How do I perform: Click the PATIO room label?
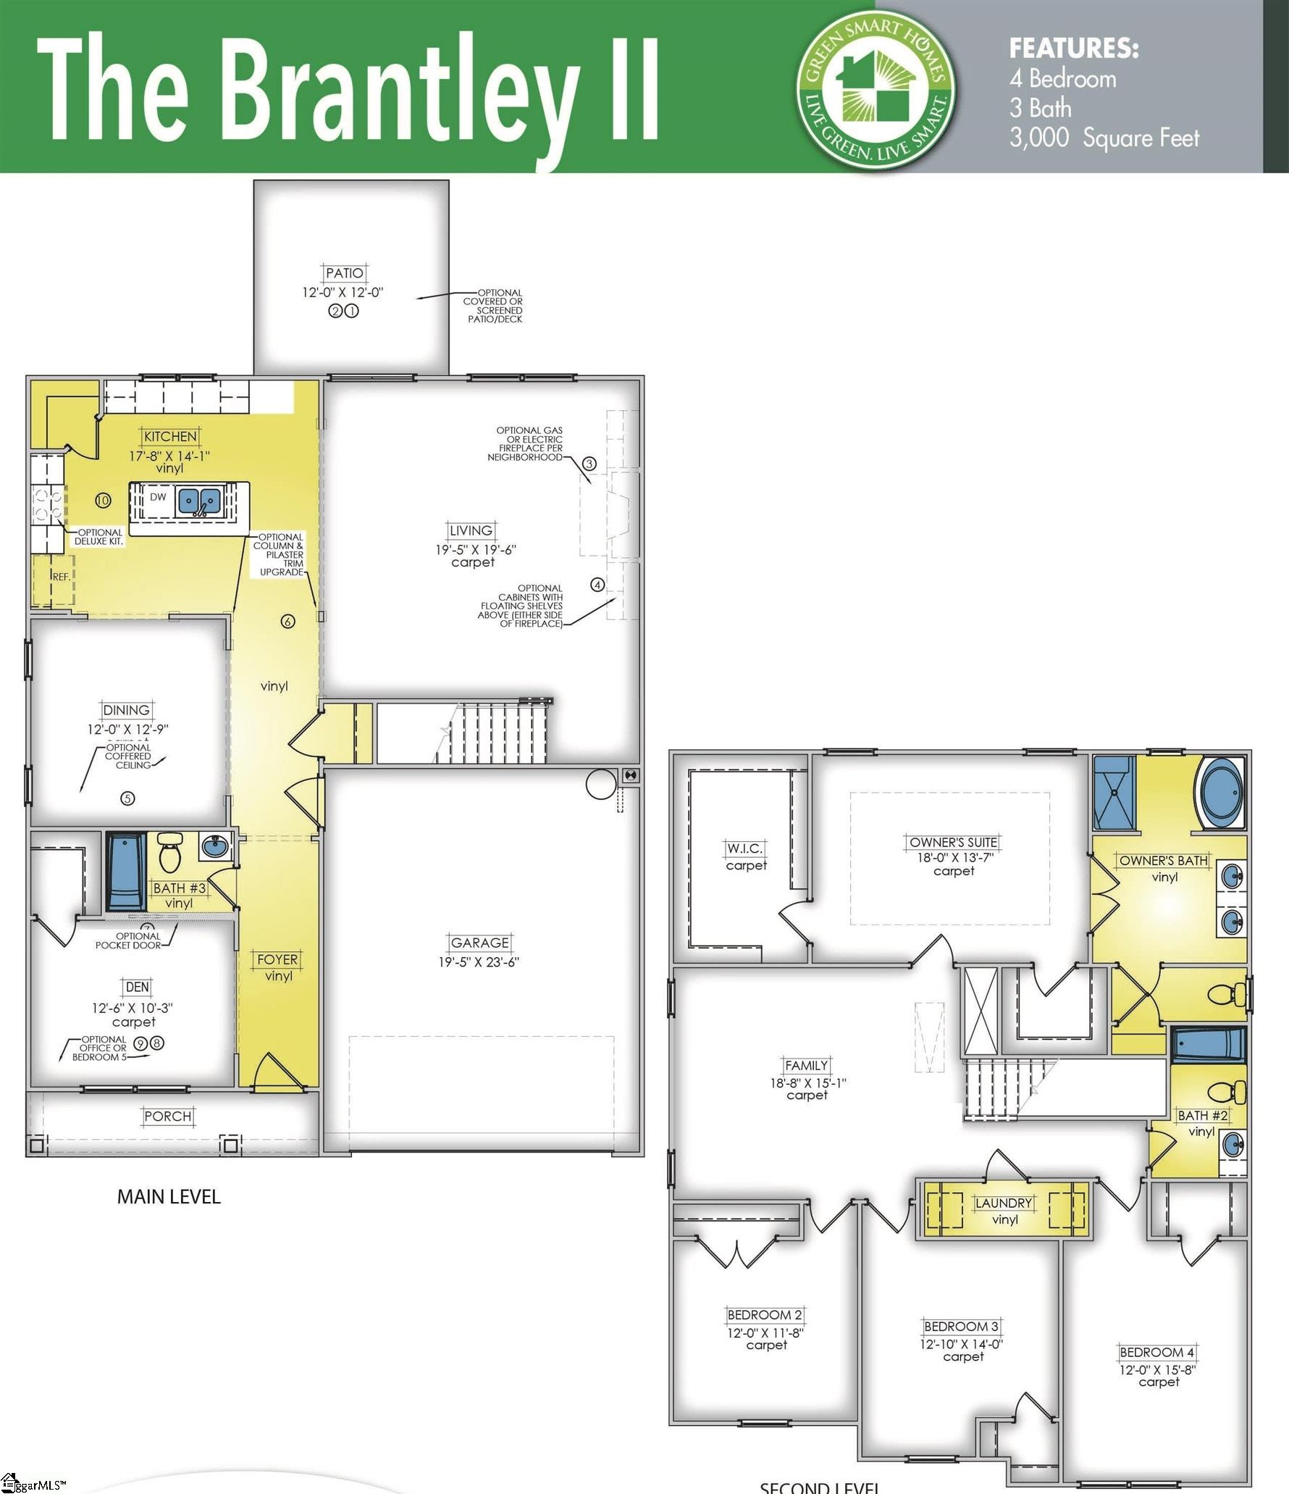(x=344, y=273)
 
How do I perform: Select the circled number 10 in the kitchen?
(x=103, y=500)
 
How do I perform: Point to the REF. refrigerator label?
(x=61, y=577)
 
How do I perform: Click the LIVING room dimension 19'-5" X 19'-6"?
(x=475, y=550)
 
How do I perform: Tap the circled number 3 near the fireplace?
(x=589, y=464)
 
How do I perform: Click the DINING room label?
(x=127, y=710)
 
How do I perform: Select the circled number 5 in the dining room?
(x=127, y=798)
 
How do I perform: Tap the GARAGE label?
(x=479, y=943)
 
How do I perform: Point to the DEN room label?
(x=137, y=987)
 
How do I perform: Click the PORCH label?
(x=168, y=1117)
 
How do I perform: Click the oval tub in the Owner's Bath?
(x=1222, y=793)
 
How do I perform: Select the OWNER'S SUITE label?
(x=953, y=842)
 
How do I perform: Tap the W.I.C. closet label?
(x=744, y=848)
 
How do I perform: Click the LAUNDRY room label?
(x=1003, y=1203)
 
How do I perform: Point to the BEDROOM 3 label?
(x=961, y=1326)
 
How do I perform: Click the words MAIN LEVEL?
(x=169, y=1197)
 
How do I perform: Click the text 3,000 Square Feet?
(x=1104, y=138)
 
